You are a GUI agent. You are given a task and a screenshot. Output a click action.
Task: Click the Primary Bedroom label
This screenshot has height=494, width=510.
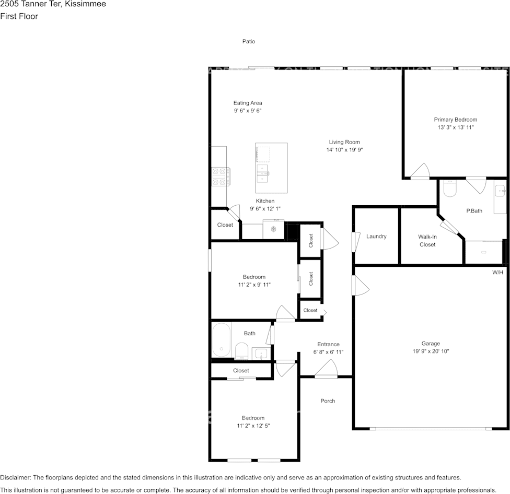click(x=455, y=120)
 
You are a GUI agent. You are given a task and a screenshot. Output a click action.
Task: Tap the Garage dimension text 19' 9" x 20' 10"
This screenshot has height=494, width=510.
click(x=431, y=351)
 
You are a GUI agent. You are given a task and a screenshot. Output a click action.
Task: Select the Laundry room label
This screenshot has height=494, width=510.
click(x=376, y=237)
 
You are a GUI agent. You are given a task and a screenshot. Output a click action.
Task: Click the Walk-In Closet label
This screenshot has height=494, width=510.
click(x=427, y=240)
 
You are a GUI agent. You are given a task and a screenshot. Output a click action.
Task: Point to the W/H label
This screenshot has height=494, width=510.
click(x=498, y=272)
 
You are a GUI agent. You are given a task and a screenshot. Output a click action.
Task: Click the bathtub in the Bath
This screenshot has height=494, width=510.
click(x=222, y=340)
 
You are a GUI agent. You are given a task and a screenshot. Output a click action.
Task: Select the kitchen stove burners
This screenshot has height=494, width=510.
click(x=221, y=177)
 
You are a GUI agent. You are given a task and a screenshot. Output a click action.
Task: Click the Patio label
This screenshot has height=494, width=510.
click(x=249, y=41)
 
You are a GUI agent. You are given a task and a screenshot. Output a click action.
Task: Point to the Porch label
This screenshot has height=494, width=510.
click(x=328, y=401)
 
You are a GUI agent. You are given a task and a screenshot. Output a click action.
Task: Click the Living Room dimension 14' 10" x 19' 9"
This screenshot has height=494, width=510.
click(x=344, y=150)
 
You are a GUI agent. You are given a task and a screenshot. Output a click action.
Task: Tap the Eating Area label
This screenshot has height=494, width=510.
click(x=248, y=103)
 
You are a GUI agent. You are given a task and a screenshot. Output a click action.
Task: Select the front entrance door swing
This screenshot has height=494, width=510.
click(x=326, y=370)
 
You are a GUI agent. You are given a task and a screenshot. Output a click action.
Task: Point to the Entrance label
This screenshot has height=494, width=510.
click(x=328, y=344)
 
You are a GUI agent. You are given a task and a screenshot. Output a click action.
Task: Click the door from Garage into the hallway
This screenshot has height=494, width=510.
click(x=360, y=286)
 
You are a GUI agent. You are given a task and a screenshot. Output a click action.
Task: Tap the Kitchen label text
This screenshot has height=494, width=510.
click(x=265, y=201)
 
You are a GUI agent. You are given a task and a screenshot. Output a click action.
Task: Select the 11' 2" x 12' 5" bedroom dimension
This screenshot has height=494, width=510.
click(x=253, y=426)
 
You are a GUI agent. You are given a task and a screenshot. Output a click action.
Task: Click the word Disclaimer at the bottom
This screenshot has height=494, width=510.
click(x=15, y=477)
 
